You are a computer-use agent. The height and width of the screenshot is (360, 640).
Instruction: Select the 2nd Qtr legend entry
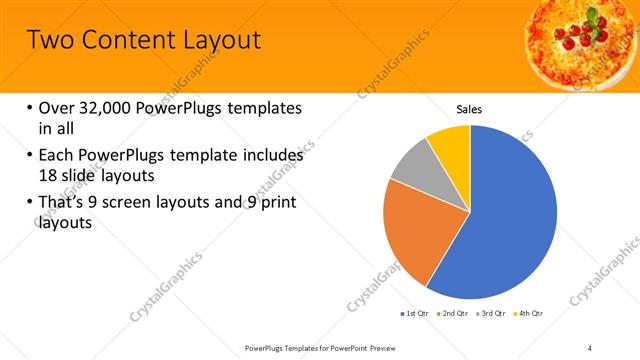coord(456,314)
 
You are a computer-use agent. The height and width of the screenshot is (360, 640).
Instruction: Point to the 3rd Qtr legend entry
coord(494,314)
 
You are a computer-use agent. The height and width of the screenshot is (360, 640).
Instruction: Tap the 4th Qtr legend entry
coord(531,314)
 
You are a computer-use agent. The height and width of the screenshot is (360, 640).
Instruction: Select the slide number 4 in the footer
coord(589,347)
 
